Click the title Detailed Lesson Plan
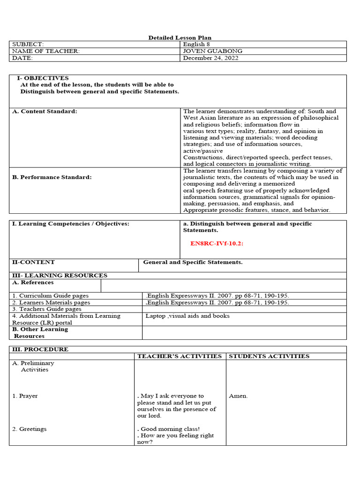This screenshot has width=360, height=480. (180, 37)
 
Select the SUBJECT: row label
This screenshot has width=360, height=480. (28, 44)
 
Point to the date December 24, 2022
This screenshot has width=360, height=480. (210, 58)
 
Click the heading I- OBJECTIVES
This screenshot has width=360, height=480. (43, 78)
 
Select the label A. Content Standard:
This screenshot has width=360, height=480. (45, 112)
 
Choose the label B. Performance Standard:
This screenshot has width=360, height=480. (52, 178)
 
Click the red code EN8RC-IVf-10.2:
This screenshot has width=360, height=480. (217, 244)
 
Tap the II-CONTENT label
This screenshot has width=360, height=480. (33, 262)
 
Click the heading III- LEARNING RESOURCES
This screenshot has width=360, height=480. (60, 276)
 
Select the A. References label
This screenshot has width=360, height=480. (33, 283)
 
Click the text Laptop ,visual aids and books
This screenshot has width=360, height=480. (187, 316)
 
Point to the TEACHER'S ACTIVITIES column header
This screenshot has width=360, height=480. (179, 356)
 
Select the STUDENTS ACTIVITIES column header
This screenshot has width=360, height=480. (269, 356)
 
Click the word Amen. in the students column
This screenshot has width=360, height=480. (238, 396)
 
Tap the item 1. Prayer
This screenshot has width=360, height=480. (25, 396)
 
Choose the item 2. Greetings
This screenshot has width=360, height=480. (29, 429)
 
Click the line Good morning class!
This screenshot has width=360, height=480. (170, 429)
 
